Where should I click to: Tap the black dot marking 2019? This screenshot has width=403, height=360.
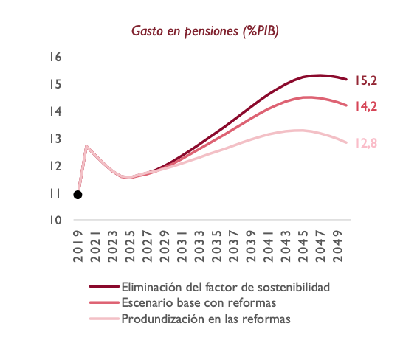[x=77, y=195]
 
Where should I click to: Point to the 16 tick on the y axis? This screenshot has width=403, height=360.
[x=55, y=58]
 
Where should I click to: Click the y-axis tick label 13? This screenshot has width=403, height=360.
[x=55, y=139]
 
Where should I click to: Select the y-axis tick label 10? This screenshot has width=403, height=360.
[x=55, y=221]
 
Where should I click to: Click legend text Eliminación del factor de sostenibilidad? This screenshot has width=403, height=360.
[x=224, y=286]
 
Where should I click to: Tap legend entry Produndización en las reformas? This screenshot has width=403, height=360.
[x=205, y=319]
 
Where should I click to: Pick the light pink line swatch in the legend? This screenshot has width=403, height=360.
[x=103, y=319]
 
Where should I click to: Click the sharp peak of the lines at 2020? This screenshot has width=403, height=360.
[x=87, y=146]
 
